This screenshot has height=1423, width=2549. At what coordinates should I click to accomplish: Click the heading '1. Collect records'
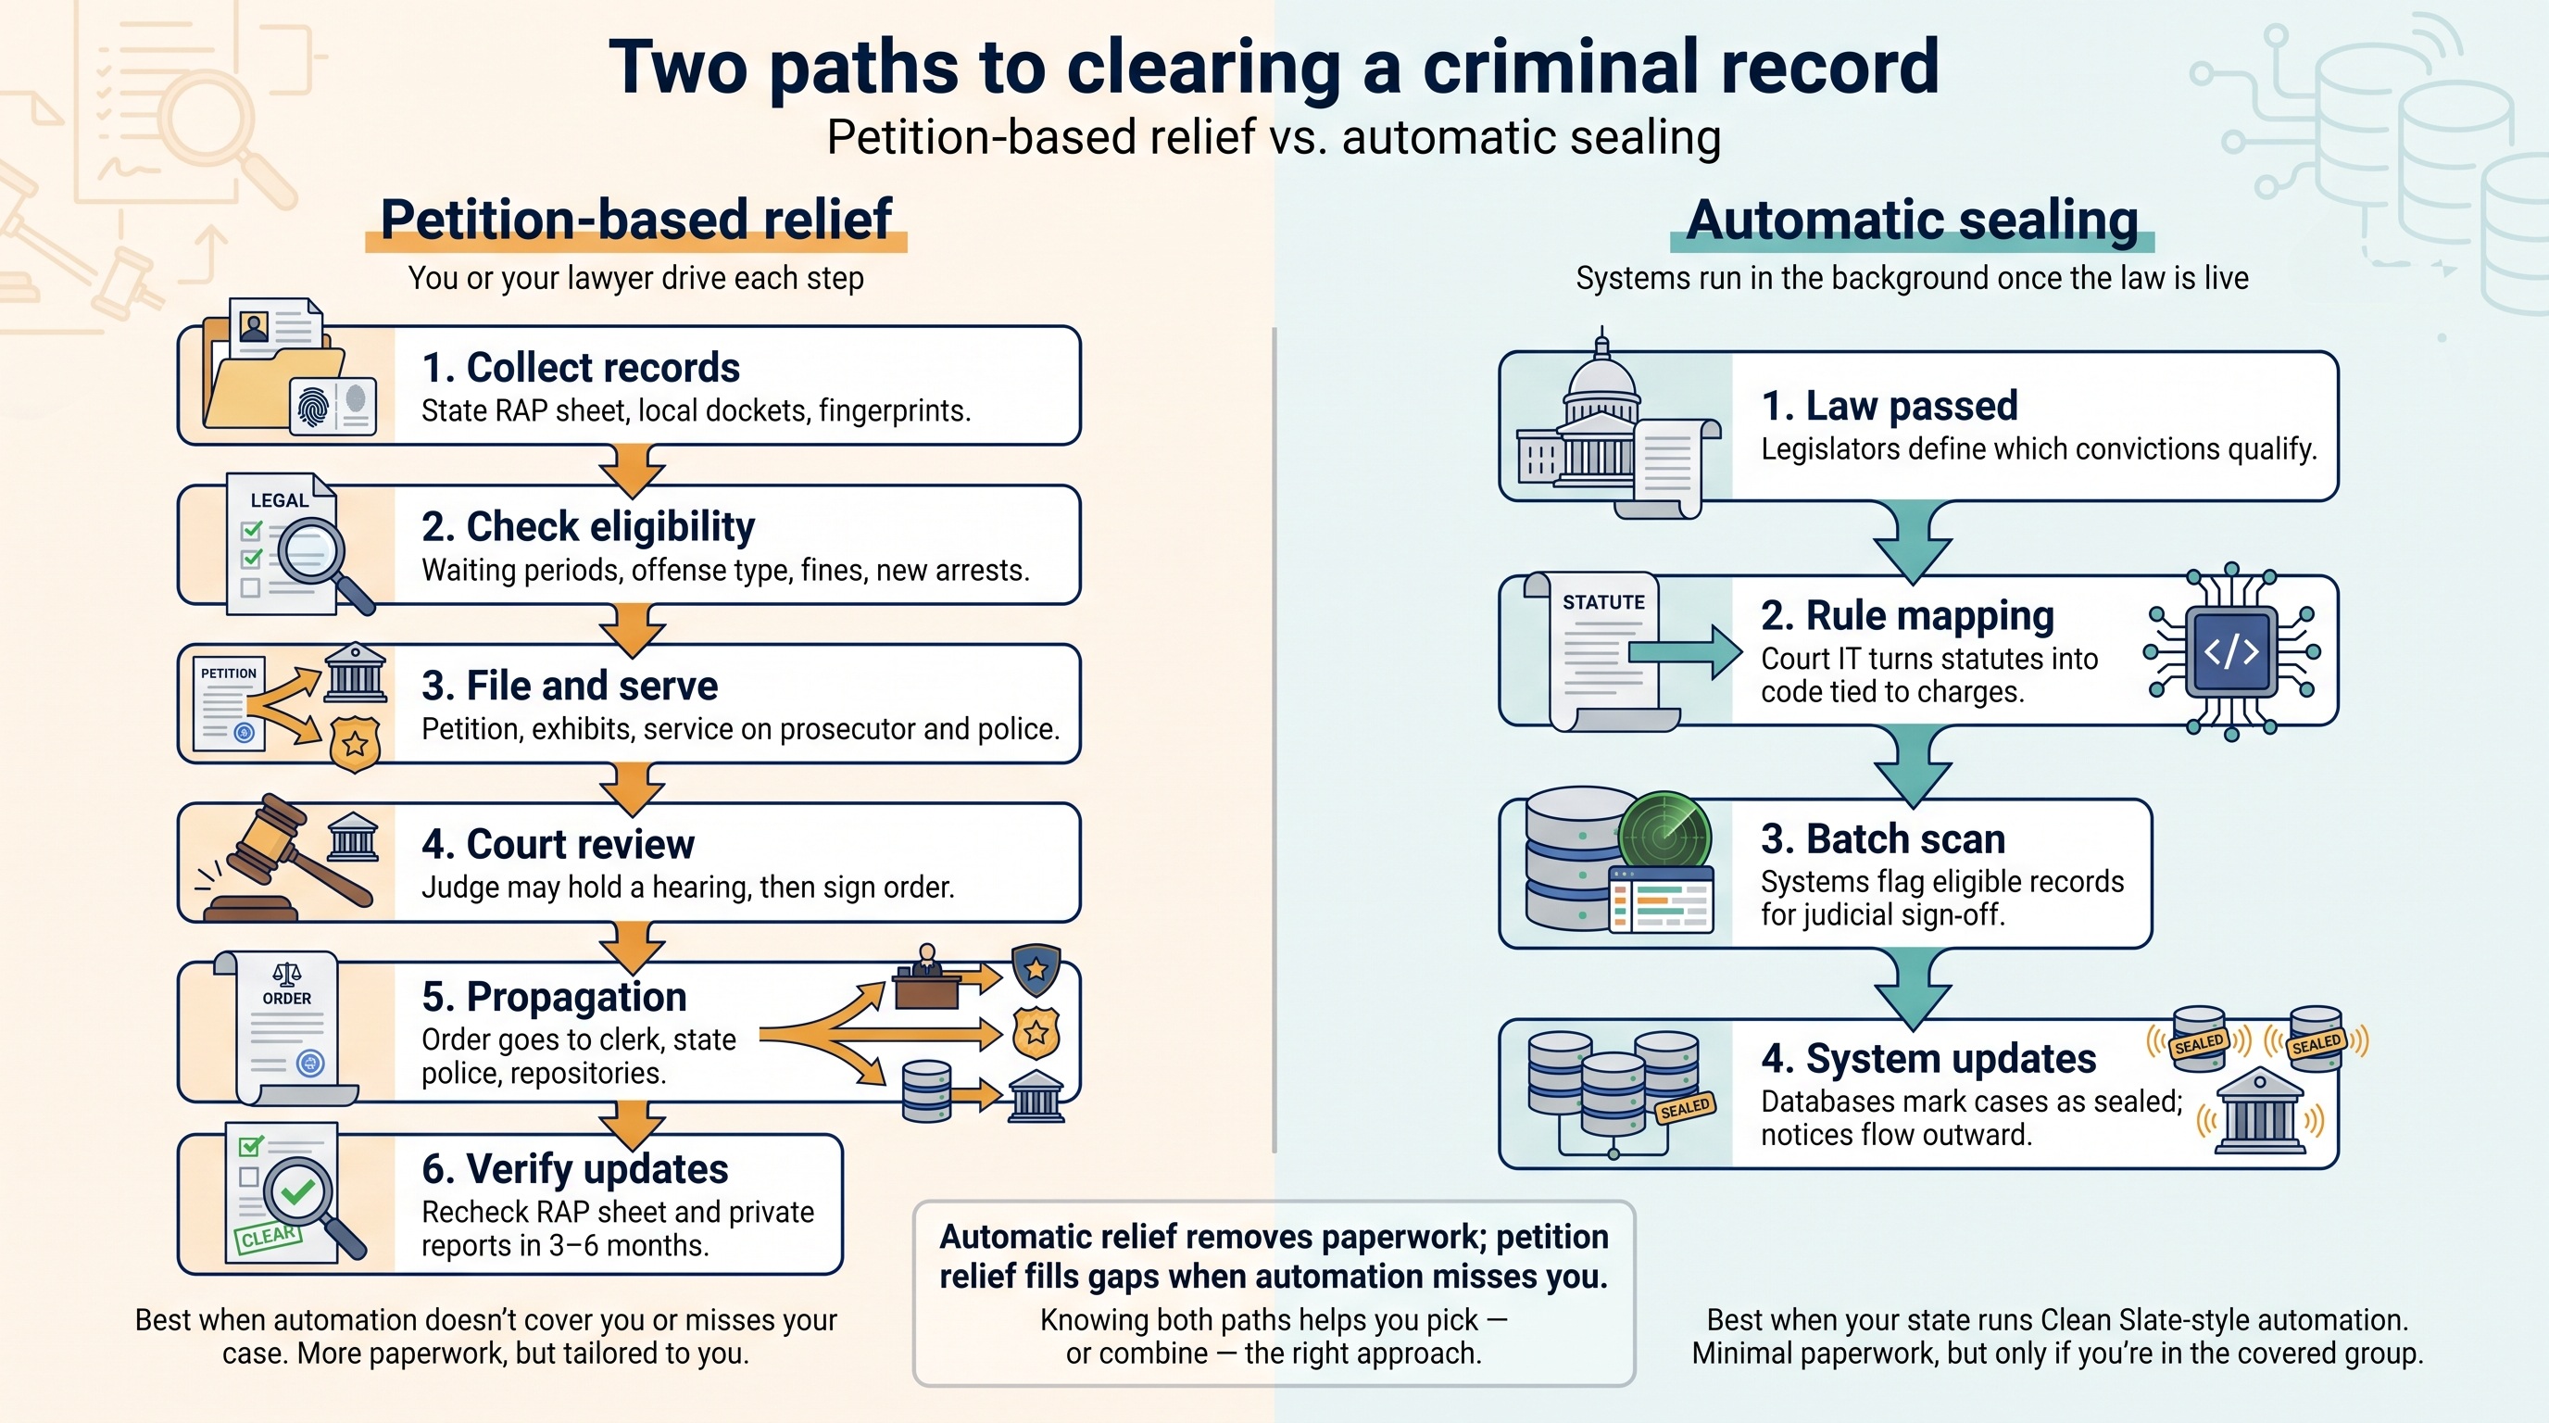point(580,368)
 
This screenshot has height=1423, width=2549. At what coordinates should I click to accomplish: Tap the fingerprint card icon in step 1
point(333,405)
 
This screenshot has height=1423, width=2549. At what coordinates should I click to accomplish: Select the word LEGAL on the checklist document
point(279,499)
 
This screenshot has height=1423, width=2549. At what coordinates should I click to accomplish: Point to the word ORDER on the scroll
point(287,999)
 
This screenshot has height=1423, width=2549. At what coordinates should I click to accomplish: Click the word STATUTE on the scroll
point(1603,601)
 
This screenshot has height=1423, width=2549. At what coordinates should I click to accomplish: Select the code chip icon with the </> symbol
point(2231,651)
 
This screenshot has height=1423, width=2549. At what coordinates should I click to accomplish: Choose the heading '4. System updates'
point(1927,1059)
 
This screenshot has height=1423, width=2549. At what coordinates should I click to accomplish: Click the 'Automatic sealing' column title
point(1912,220)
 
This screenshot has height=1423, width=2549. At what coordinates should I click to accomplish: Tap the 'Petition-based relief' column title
point(636,220)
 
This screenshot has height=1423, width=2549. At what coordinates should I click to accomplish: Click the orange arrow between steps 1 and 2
point(633,469)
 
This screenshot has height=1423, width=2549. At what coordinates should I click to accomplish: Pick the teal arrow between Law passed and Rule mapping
point(1913,540)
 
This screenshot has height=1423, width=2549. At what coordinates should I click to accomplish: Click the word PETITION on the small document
point(229,673)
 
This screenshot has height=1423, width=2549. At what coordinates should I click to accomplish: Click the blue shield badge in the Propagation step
point(1036,970)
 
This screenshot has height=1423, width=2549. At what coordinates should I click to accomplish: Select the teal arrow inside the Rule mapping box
point(1685,652)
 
